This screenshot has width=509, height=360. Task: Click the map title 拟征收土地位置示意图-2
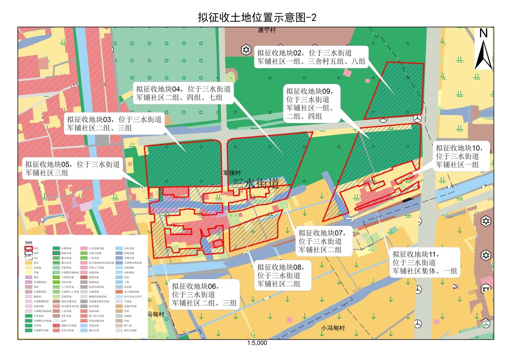(257, 17)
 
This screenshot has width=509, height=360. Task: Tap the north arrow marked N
(483, 49)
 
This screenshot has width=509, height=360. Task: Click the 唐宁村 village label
(266, 31)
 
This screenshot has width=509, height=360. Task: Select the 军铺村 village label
(232, 173)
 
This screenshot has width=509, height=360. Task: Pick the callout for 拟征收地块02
(311, 57)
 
